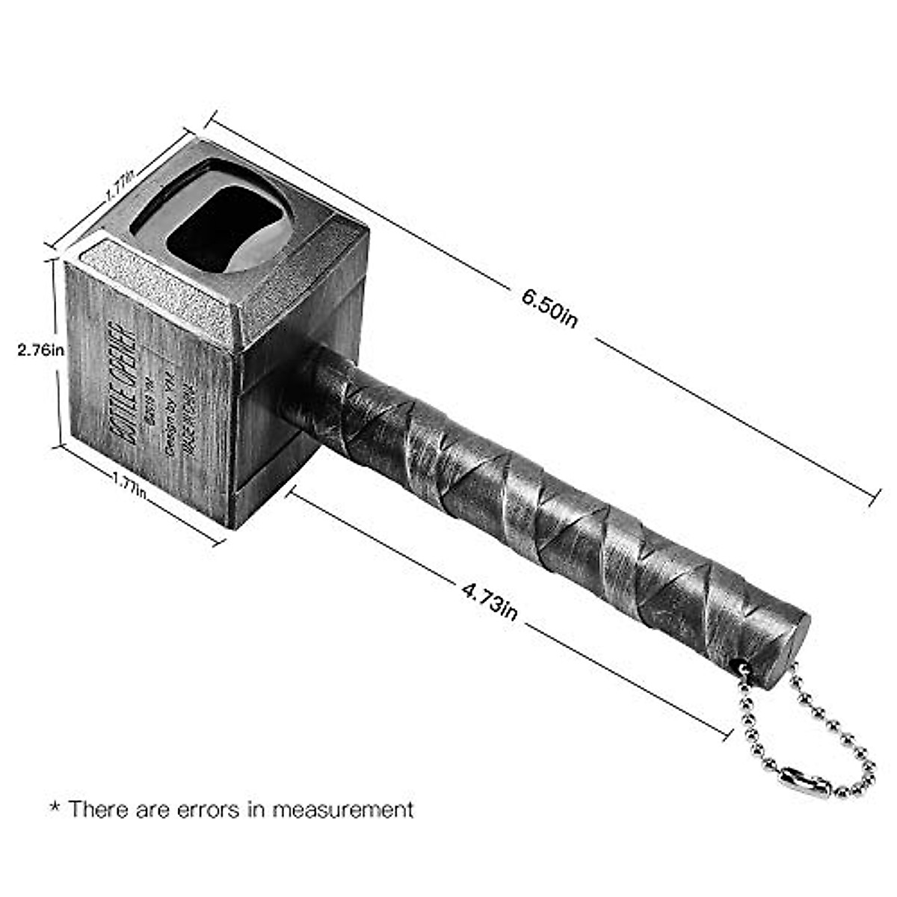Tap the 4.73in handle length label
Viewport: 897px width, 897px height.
click(489, 601)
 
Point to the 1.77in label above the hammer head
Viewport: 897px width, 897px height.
click(120, 185)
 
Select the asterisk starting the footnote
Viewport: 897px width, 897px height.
click(54, 807)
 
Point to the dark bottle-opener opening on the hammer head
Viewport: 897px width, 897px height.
click(224, 228)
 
